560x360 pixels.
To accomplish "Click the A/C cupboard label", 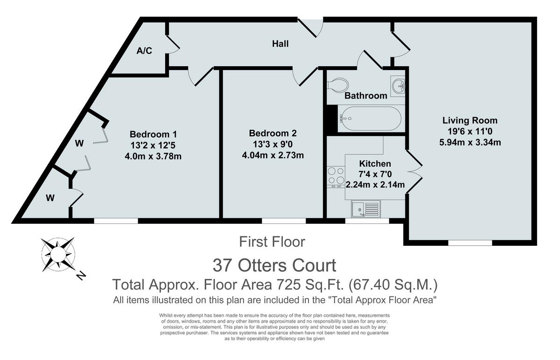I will pos(144,51).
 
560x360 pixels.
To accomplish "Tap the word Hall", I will pos(280,44).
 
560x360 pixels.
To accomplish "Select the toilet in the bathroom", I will pos(338,85).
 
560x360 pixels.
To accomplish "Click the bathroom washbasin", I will pos(398,86).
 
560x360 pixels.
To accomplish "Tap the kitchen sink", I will pos(366,209).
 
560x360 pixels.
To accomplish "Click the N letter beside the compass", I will pos(81,276).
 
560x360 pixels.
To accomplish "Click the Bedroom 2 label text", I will pos(273,133).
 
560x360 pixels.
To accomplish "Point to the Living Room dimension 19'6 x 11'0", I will pos(470,131).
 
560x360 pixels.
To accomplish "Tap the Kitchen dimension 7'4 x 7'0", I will pos(375,174).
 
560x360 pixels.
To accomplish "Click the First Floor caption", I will pos(272,242).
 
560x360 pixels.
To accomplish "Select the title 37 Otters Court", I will pos(274,265).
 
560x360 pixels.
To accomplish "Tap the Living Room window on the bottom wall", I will pos(470,242).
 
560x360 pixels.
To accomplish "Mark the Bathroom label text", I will pos(366,96).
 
